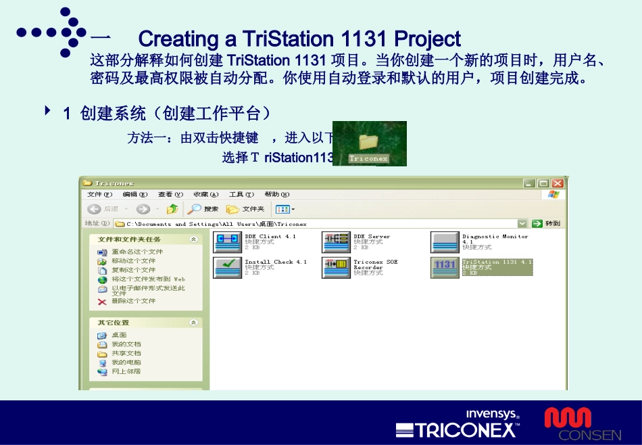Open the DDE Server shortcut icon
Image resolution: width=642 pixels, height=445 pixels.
(x=335, y=242)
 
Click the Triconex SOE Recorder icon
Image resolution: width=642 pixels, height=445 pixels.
(x=335, y=267)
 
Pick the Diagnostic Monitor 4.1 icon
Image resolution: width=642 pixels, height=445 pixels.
(x=444, y=242)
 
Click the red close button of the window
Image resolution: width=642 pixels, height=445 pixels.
(x=558, y=183)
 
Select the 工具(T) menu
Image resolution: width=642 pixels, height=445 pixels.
(x=236, y=195)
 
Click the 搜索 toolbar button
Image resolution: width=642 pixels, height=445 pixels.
(x=204, y=209)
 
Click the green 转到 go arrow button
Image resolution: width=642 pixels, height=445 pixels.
(x=537, y=223)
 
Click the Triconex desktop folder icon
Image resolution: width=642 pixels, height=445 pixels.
(x=368, y=141)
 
